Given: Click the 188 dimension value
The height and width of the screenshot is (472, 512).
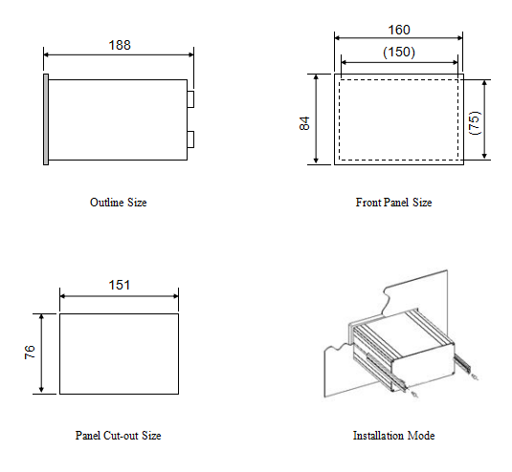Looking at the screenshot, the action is [x=120, y=45].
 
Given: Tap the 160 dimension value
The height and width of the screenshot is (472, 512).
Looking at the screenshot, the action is [x=399, y=30].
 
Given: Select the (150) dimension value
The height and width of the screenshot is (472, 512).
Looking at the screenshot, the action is [x=399, y=53].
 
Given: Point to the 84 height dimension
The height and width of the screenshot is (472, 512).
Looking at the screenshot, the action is [x=304, y=123].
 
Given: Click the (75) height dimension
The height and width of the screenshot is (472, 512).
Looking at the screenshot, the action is [x=475, y=123].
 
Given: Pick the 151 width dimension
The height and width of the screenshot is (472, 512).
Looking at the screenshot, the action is [x=120, y=285].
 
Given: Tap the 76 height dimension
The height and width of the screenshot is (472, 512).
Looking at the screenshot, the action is [x=30, y=352].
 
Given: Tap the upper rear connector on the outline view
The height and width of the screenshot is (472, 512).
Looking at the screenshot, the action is [x=190, y=99].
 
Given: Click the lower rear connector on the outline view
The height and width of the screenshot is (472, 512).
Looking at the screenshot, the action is [x=190, y=139].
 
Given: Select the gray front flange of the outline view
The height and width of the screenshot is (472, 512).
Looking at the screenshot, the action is [x=46, y=119].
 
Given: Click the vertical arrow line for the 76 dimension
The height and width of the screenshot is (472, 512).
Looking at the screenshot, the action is [x=41, y=354].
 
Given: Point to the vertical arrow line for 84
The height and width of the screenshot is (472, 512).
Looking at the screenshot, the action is [x=316, y=118].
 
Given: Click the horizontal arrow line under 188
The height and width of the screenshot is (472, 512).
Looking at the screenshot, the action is [x=119, y=54].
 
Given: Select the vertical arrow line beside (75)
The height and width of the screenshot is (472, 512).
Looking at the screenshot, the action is [x=485, y=119].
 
